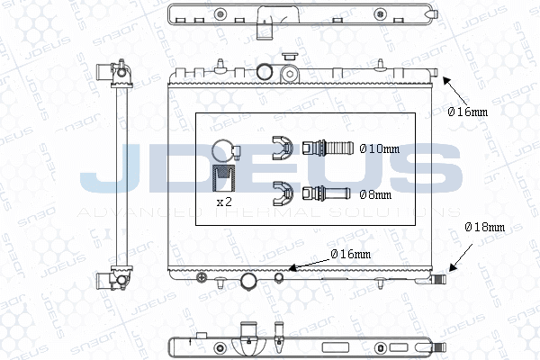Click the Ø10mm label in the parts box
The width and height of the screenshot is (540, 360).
[378, 148]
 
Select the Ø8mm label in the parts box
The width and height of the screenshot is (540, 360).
[375, 193]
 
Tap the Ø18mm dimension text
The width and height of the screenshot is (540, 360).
[483, 228]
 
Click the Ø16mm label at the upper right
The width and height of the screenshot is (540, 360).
[468, 112]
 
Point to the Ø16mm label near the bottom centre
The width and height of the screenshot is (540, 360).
[351, 254]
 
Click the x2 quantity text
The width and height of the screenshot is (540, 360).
[224, 202]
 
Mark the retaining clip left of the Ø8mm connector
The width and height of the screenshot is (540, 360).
[283, 191]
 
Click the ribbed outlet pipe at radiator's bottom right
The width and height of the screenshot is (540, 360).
[437, 280]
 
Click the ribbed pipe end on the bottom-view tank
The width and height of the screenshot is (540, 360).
[438, 344]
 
